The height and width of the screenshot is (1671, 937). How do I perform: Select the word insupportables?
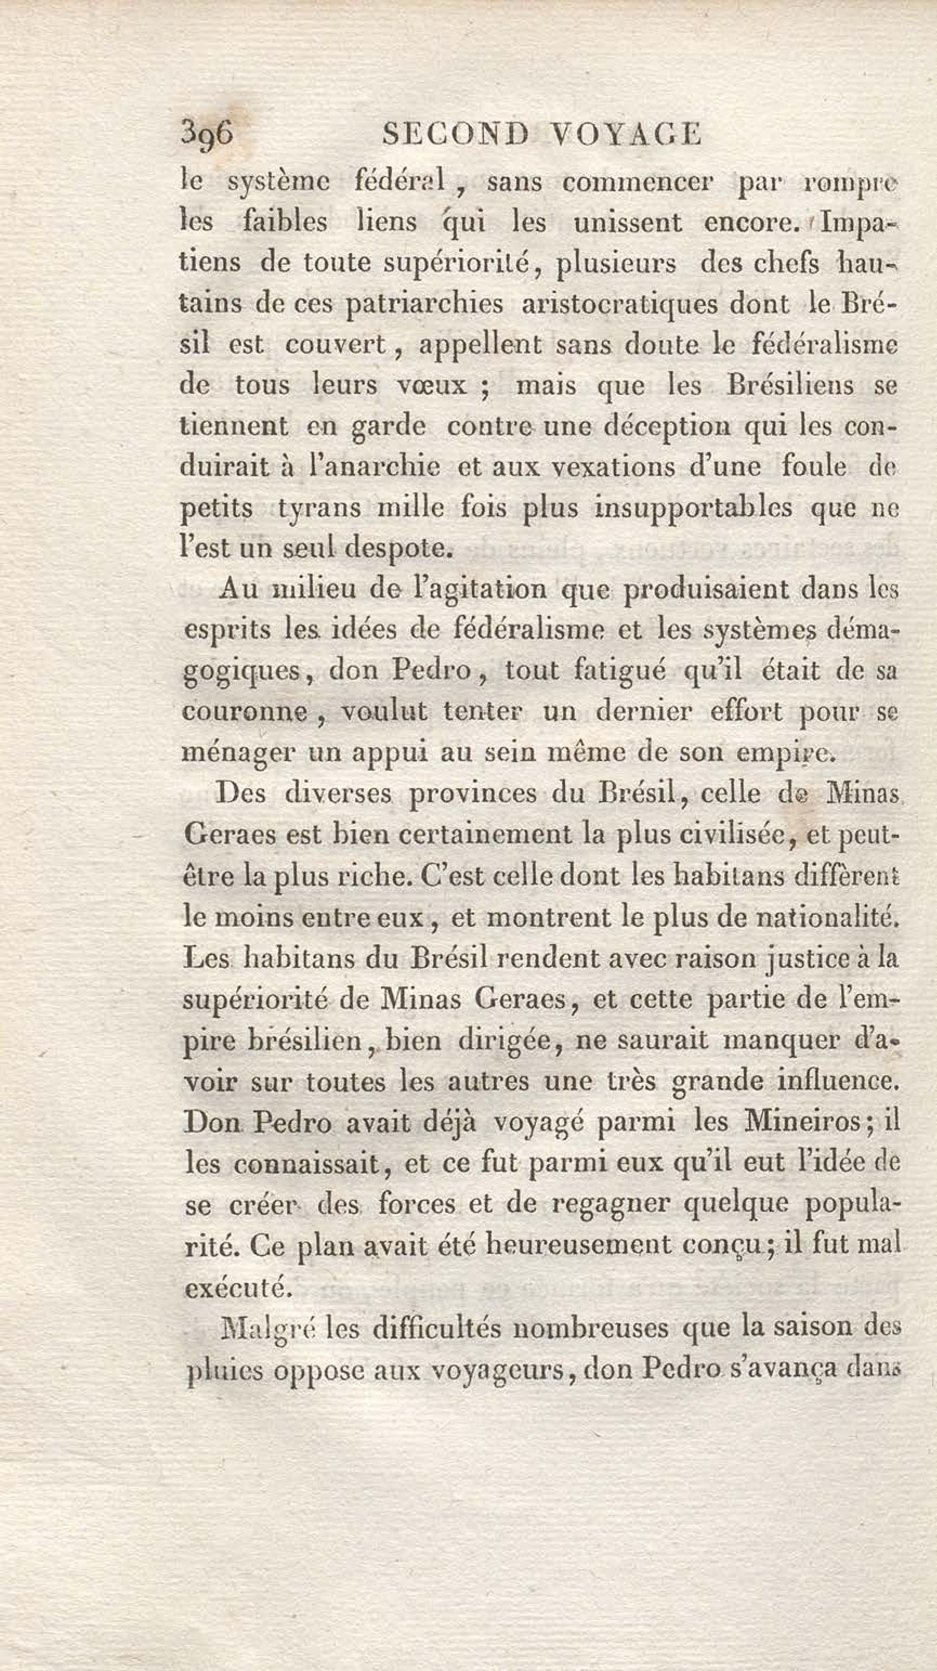694,508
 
